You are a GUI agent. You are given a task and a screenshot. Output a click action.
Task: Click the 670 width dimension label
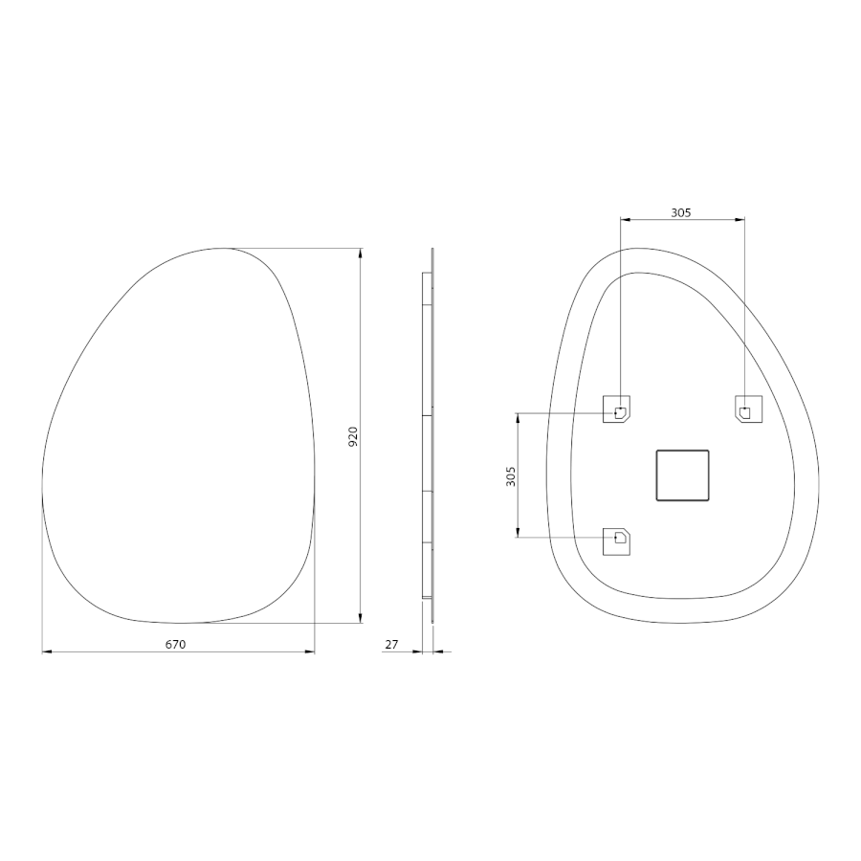(176, 644)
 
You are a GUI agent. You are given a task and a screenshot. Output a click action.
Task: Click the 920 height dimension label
(353, 436)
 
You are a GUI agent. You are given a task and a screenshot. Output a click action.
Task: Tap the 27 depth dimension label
(391, 644)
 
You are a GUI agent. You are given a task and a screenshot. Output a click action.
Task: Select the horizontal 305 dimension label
(681, 212)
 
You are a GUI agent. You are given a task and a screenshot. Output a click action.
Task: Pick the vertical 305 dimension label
(511, 476)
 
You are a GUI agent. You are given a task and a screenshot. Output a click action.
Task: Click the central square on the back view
(682, 475)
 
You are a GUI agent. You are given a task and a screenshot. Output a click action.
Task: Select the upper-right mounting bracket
(748, 409)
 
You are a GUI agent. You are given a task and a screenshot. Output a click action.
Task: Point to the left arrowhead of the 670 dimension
(47, 651)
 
